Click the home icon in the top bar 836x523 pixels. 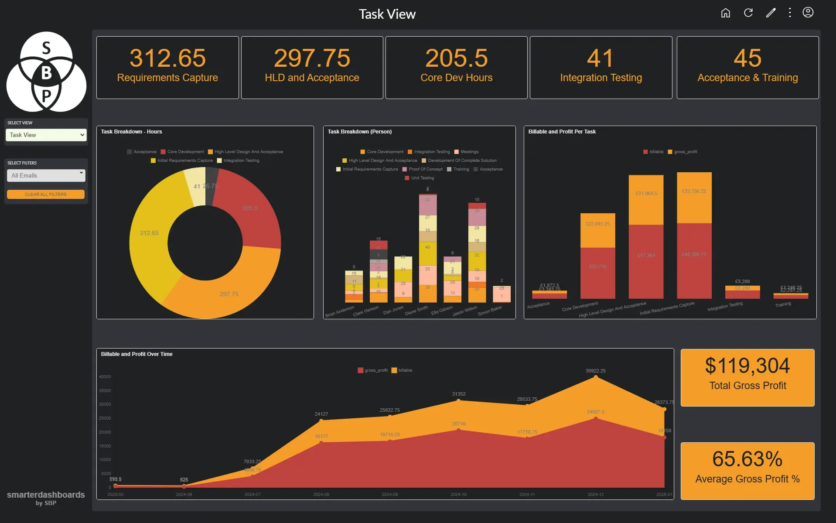(x=725, y=13)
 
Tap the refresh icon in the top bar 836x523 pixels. (x=748, y=13)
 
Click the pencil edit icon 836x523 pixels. (x=771, y=13)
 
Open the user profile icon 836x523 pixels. (x=808, y=13)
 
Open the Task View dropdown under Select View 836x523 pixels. (x=46, y=135)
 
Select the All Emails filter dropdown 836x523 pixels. (x=46, y=175)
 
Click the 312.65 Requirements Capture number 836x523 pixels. (x=167, y=58)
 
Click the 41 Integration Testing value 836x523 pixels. (x=600, y=58)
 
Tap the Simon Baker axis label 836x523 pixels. (x=490, y=311)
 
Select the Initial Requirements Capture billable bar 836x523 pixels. (x=694, y=262)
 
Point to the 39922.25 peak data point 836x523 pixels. (x=596, y=377)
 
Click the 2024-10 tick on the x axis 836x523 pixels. (x=458, y=494)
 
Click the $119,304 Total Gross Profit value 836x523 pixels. (x=747, y=366)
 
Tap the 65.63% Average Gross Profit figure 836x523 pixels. (x=747, y=459)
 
